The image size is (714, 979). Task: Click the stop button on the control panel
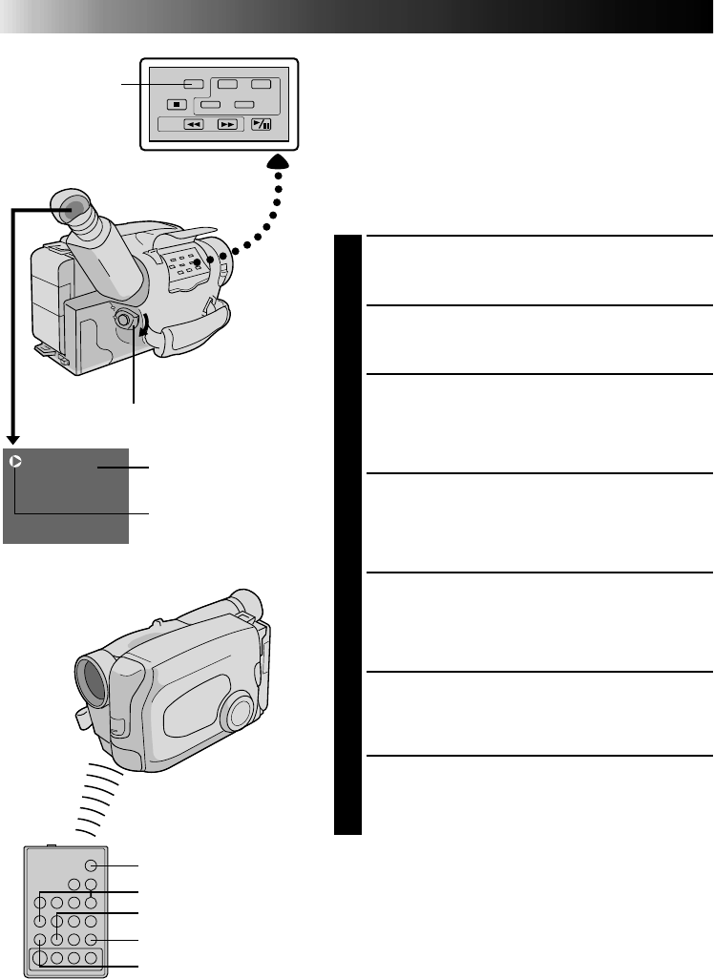click(x=178, y=104)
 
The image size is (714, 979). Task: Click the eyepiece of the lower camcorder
click(x=246, y=603)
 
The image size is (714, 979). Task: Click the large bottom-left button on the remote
click(x=40, y=957)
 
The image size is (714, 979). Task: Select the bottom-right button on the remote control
click(x=91, y=958)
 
